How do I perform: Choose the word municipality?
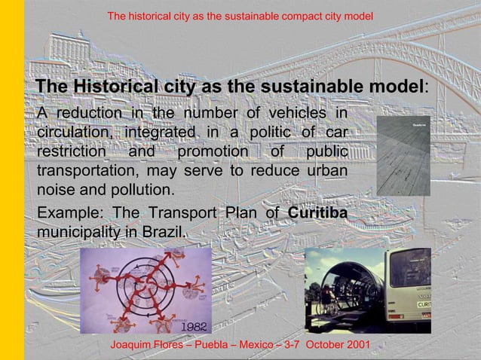77,231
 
